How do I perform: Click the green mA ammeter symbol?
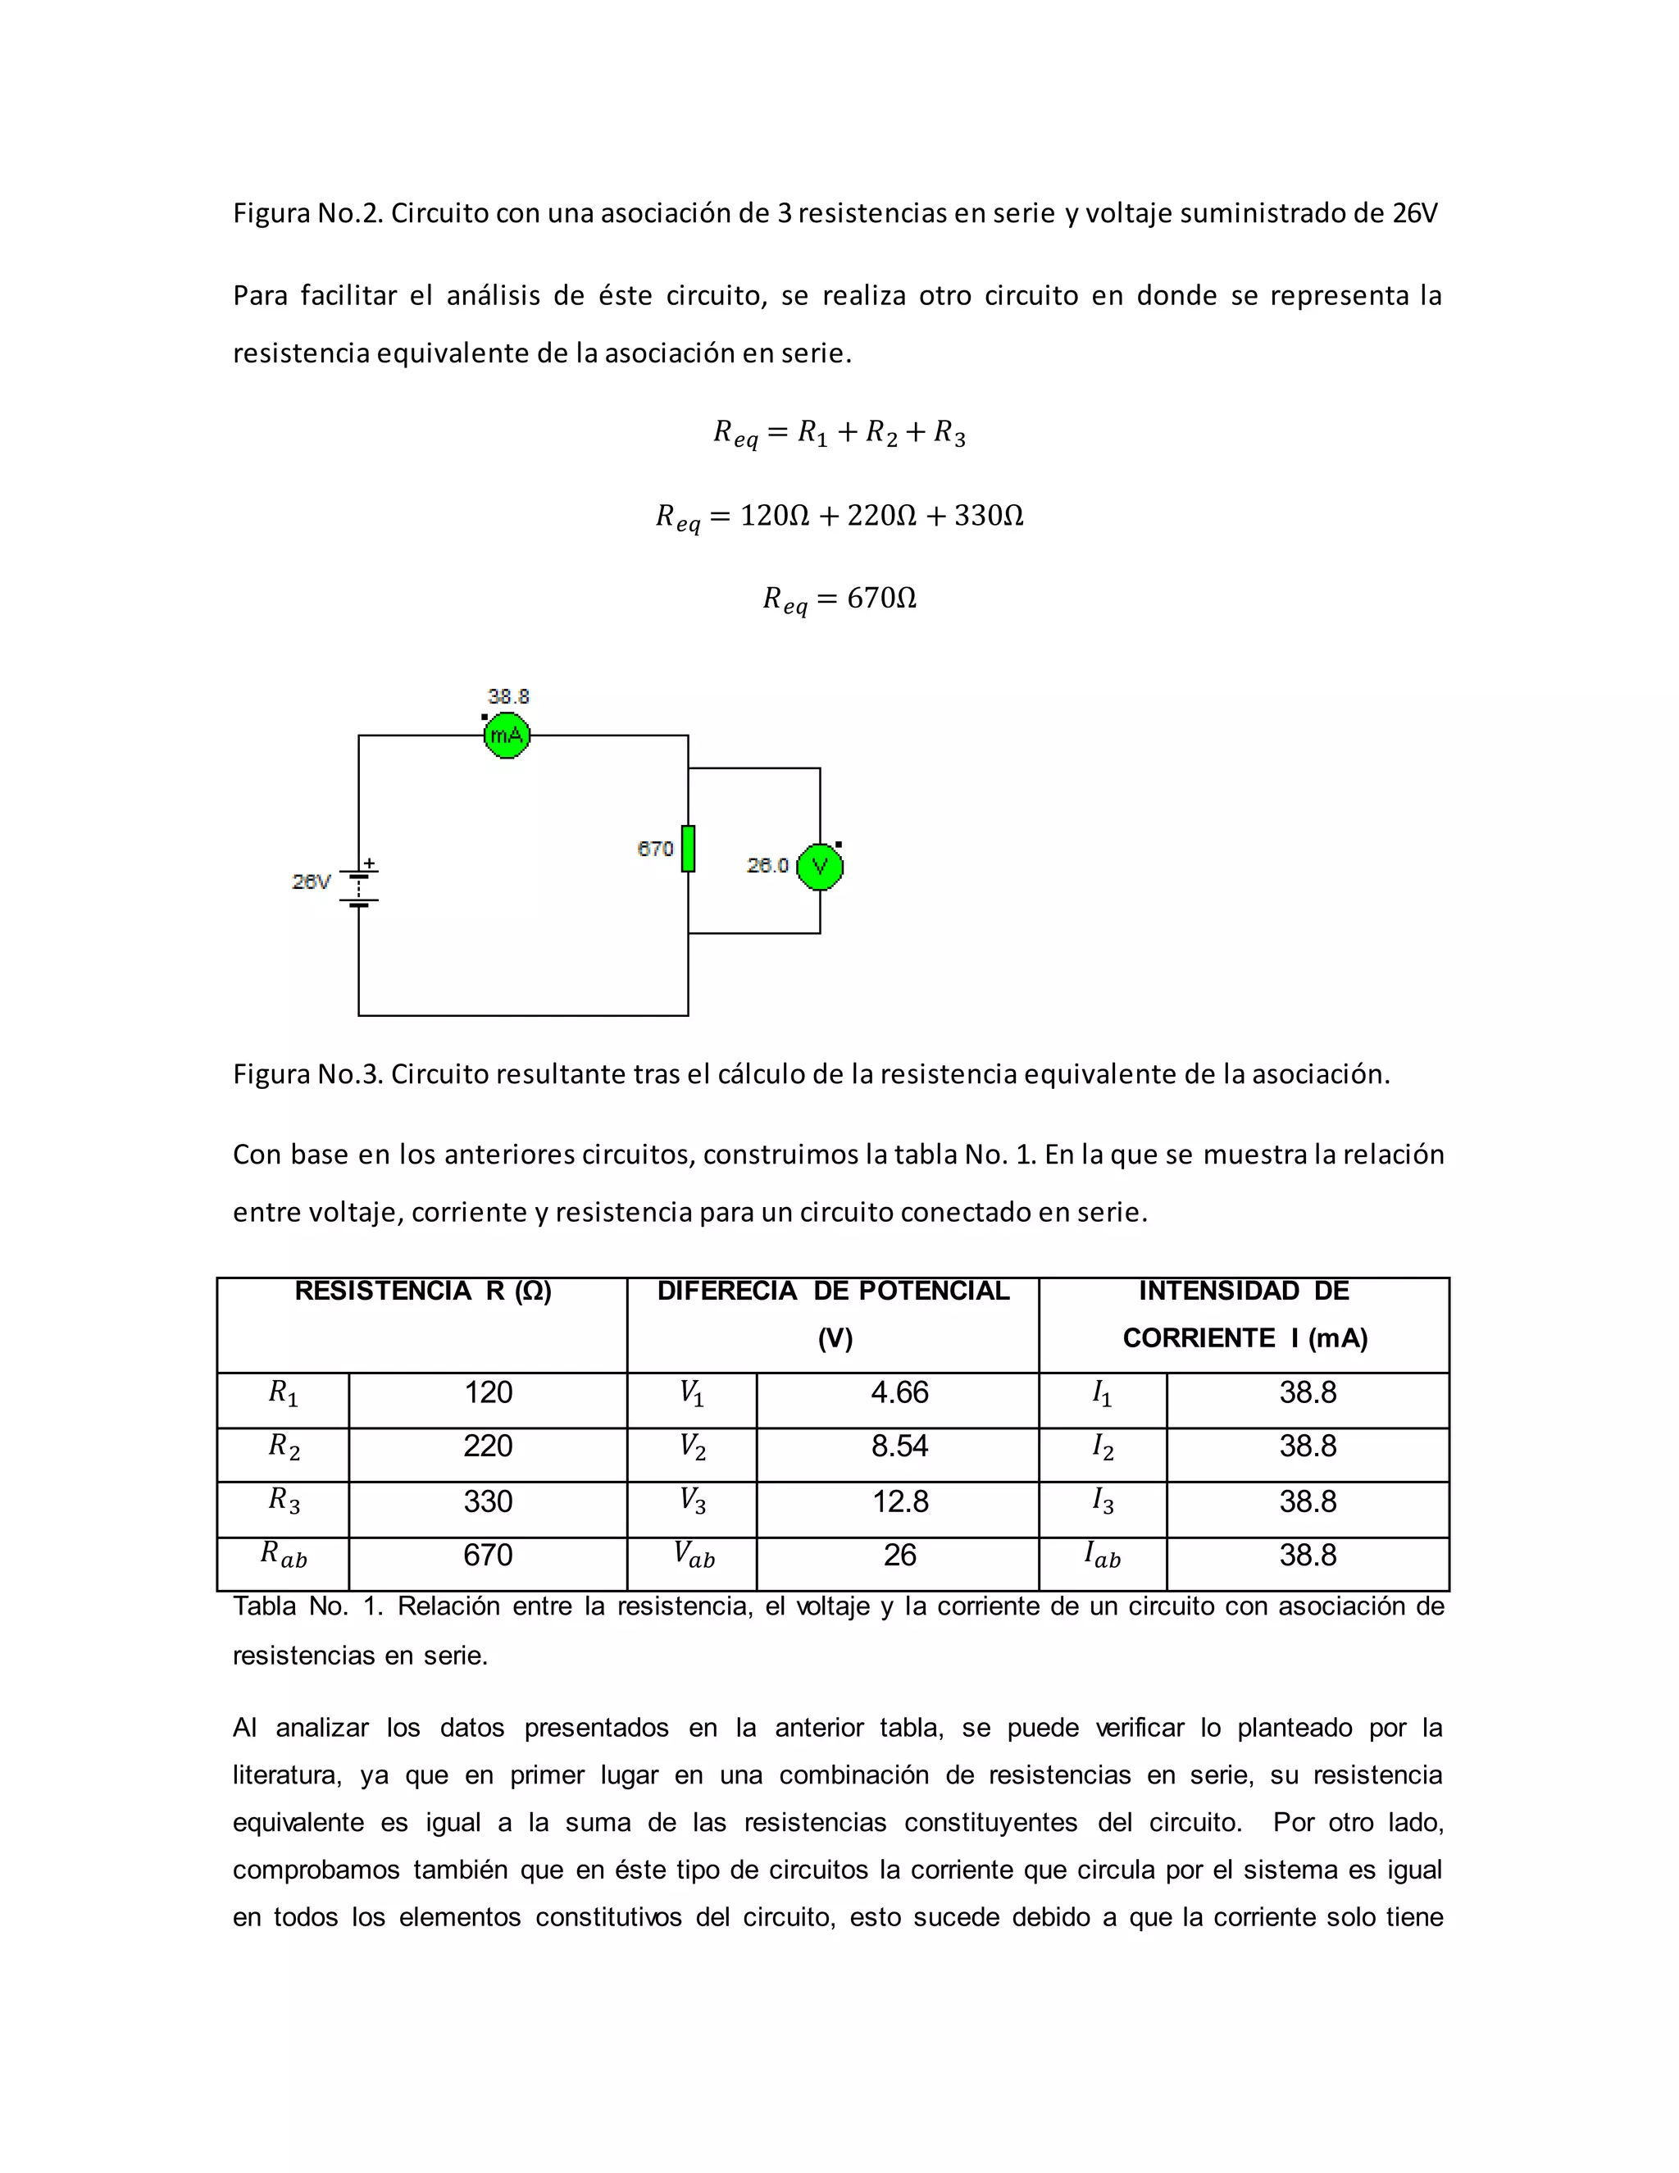[507, 736]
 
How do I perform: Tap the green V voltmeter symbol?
[820, 867]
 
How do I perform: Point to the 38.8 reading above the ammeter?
[508, 696]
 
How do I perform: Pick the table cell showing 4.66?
[899, 1392]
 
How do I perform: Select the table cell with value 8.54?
[899, 1446]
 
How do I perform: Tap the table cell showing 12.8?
[899, 1501]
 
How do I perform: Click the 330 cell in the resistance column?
[488, 1501]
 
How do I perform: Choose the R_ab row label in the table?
[284, 1554]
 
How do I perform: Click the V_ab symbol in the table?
[694, 1554]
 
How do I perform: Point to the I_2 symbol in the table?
[1102, 1446]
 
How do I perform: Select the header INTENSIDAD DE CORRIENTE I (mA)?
[1244, 1314]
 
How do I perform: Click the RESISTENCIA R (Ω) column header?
[423, 1291]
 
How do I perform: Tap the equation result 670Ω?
[881, 598]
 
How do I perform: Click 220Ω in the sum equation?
[880, 516]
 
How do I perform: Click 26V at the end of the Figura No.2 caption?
[1414, 213]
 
